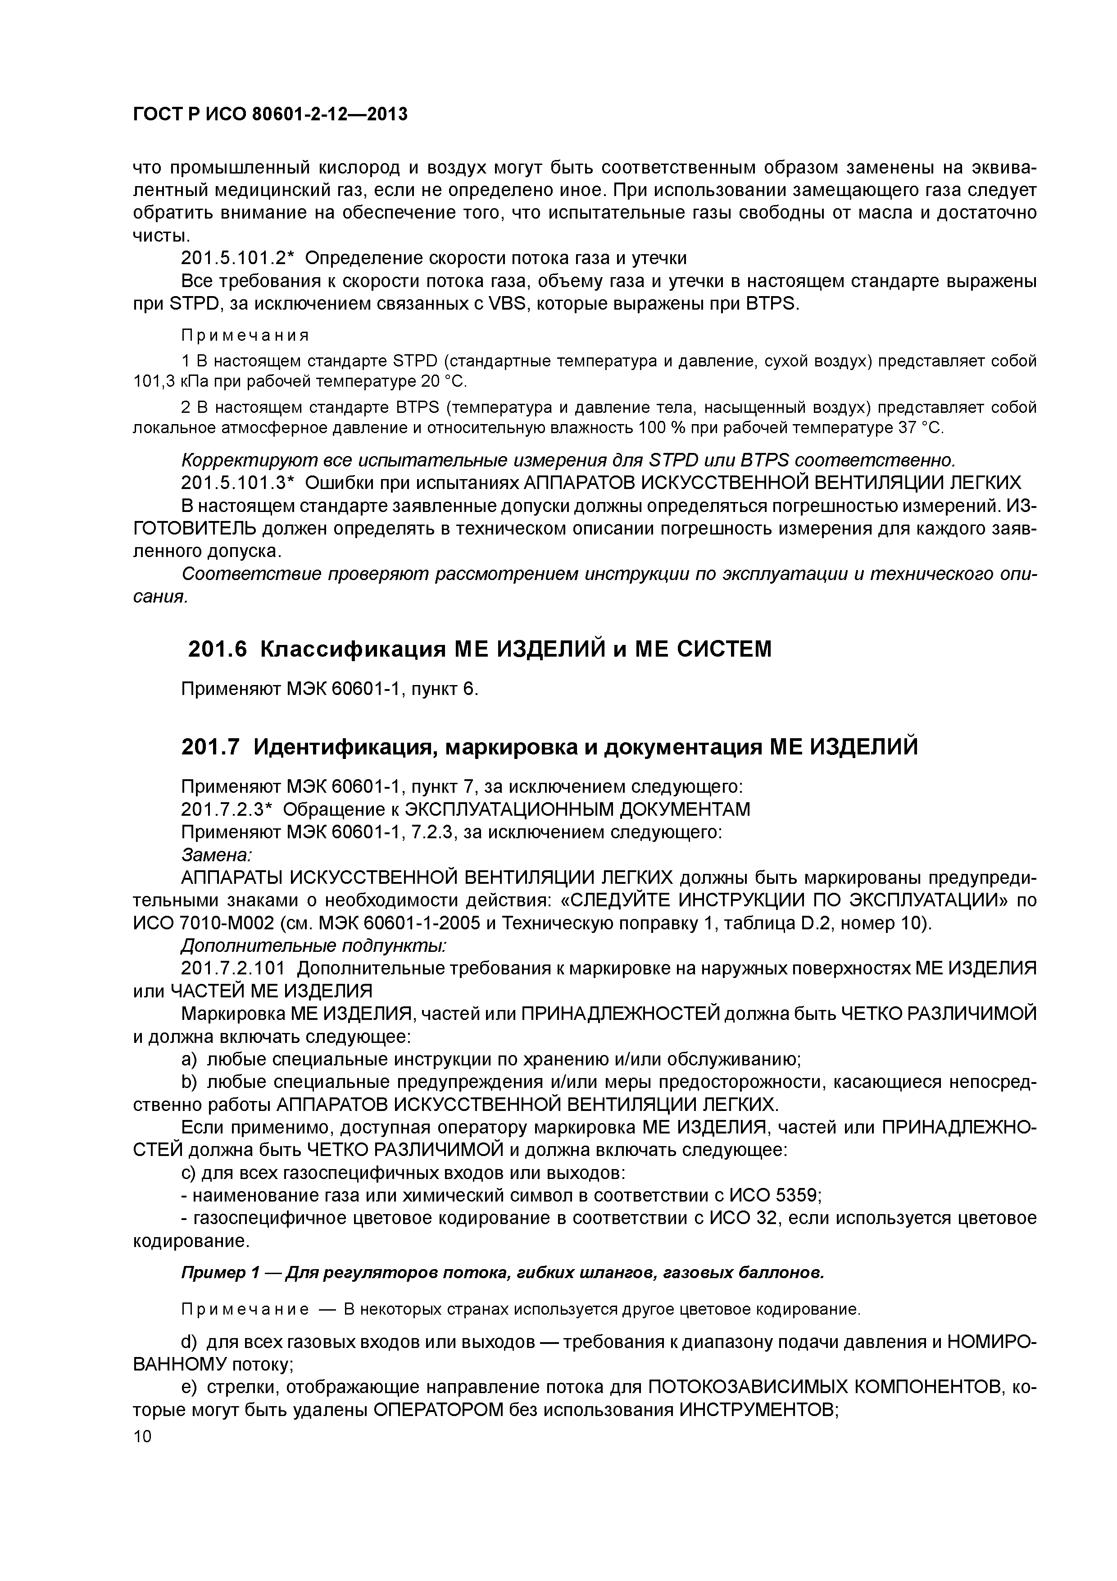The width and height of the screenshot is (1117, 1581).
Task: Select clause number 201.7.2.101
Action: coord(232,969)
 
